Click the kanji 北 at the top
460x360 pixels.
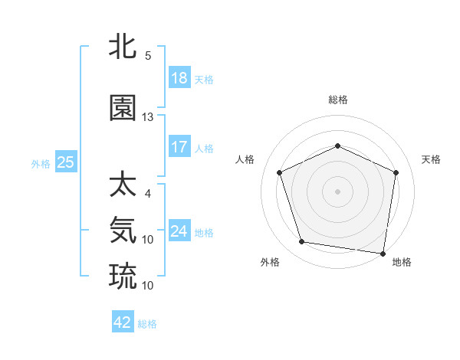point(123,47)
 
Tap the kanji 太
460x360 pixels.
point(123,185)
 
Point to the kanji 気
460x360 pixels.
point(123,229)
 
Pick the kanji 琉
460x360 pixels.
point(123,275)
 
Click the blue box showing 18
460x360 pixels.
point(179,78)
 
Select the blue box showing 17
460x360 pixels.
point(179,147)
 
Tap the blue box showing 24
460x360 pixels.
point(179,231)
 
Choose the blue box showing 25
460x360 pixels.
point(65,162)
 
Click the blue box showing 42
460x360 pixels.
point(123,322)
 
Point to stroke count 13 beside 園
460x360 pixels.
point(148,117)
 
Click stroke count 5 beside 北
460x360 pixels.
point(148,56)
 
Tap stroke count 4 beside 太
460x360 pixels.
point(148,194)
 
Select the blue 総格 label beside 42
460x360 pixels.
point(148,324)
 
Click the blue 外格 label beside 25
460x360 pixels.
point(41,163)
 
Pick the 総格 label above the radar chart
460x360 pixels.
point(338,100)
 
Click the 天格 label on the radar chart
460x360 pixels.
point(432,159)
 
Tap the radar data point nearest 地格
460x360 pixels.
point(383,253)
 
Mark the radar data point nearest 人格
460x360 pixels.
point(280,172)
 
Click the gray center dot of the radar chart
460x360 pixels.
point(338,191)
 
